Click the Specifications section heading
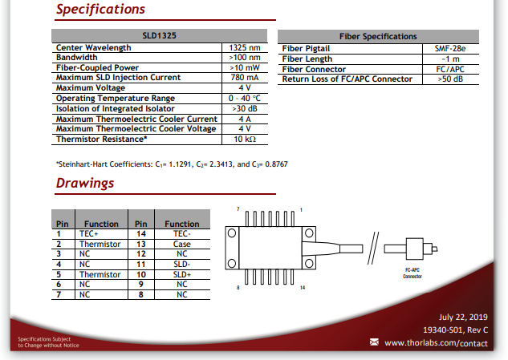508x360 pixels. coord(100,9)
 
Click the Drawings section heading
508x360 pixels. coord(85,183)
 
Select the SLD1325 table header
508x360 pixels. coord(159,35)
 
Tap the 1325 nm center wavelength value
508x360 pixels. coord(245,47)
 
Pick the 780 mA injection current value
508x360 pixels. coord(245,78)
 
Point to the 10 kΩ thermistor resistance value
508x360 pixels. coord(245,140)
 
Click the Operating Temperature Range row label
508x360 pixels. coord(116,98)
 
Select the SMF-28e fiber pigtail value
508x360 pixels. coord(450,49)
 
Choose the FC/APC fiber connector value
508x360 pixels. coord(450,69)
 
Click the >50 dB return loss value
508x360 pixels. coord(450,79)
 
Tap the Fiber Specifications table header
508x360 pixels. coord(378,36)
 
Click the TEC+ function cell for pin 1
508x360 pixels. coord(89,234)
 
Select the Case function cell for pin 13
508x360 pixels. coord(181,244)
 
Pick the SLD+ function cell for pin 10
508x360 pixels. coord(181,274)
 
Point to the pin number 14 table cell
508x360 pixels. coord(141,234)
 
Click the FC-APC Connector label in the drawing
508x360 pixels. coord(412,273)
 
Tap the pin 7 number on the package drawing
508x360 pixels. coord(238,209)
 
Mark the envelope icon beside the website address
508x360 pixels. coord(374,342)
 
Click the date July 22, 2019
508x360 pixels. coord(463,318)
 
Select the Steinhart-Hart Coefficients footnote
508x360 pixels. coord(172,164)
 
